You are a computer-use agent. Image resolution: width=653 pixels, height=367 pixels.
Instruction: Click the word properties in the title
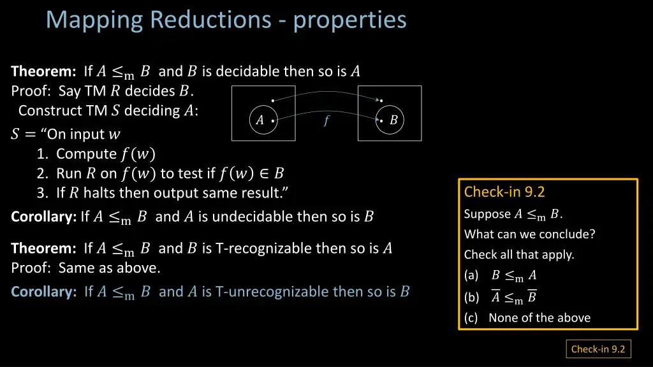pos(349,20)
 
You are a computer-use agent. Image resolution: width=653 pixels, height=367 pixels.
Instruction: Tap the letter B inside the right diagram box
pos(393,120)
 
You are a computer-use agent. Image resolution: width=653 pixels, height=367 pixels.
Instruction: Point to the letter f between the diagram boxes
pos(326,120)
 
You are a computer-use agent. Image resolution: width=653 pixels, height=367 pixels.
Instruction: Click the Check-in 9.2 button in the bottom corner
pos(598,349)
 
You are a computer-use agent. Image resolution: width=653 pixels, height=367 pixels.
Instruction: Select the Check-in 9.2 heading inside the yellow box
pos(504,192)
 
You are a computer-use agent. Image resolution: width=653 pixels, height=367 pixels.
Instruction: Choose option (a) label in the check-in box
pos(471,275)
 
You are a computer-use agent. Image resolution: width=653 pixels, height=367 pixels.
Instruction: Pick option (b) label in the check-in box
pos(471,297)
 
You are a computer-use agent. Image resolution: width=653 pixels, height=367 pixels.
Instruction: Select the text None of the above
pos(539,317)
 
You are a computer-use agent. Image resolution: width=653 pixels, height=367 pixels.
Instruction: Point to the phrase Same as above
pos(109,268)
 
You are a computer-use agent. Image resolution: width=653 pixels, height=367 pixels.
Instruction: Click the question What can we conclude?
pos(529,234)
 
